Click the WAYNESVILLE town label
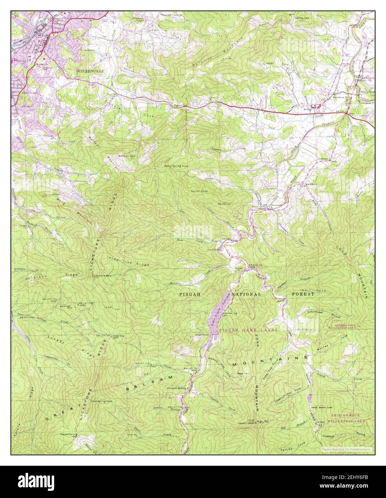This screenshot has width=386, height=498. pyautogui.click(x=90, y=71)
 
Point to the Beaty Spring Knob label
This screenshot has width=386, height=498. pyautogui.click(x=174, y=166)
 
